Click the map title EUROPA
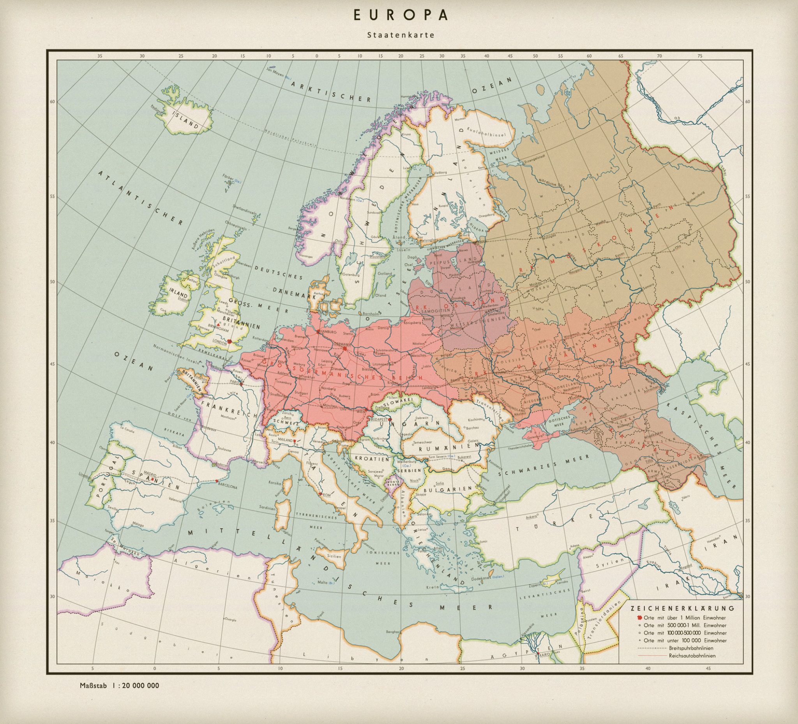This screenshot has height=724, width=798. click(x=401, y=15)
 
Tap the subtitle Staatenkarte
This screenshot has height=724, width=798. click(x=401, y=35)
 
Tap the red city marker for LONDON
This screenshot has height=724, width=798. click(x=230, y=341)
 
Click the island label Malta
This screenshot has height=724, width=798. click(x=323, y=582)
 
